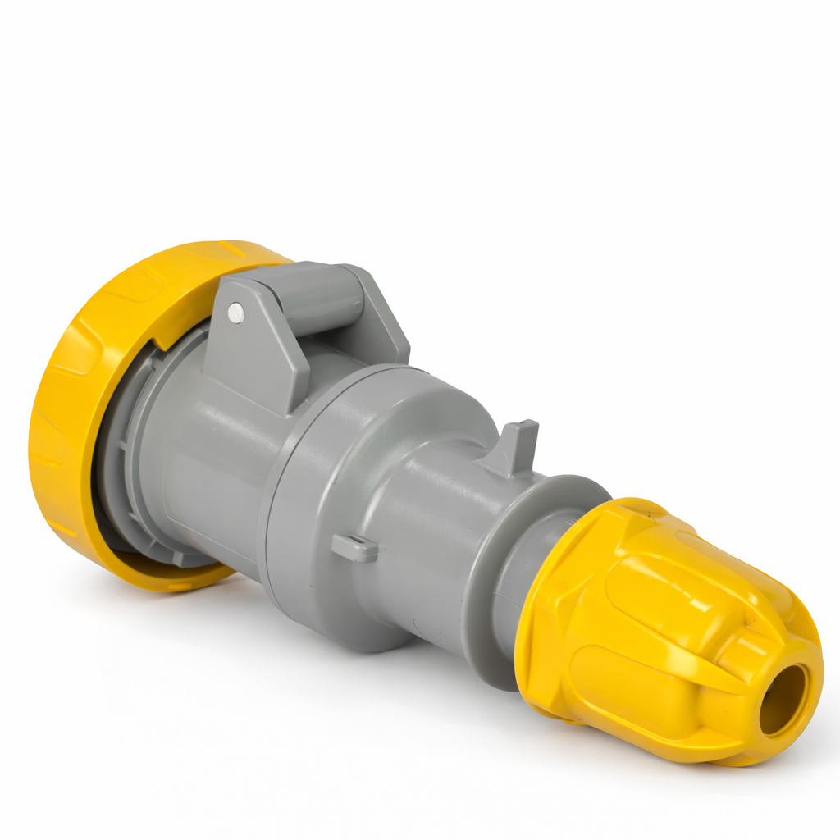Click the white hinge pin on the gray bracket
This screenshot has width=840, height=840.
pos(235,311)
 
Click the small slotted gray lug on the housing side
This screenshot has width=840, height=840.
pos(354,547)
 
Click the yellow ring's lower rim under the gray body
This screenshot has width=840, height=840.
pos(164,574)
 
